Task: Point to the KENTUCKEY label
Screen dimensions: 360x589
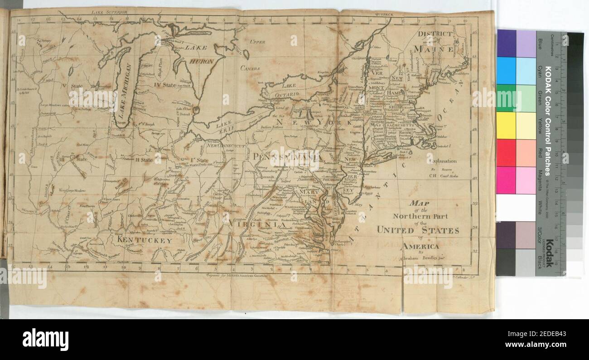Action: (145, 240)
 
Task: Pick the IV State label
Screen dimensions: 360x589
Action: (164, 85)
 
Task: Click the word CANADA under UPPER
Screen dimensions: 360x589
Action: (250, 68)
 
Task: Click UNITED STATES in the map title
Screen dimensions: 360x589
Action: (418, 230)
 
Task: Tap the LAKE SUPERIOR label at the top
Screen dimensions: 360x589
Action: (108, 13)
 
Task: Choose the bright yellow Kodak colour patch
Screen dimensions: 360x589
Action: (506, 126)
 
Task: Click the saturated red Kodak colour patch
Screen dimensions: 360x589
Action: (506, 153)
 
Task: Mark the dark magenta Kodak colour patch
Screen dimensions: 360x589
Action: (506, 180)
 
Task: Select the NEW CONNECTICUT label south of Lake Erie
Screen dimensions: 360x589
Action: (225, 146)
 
